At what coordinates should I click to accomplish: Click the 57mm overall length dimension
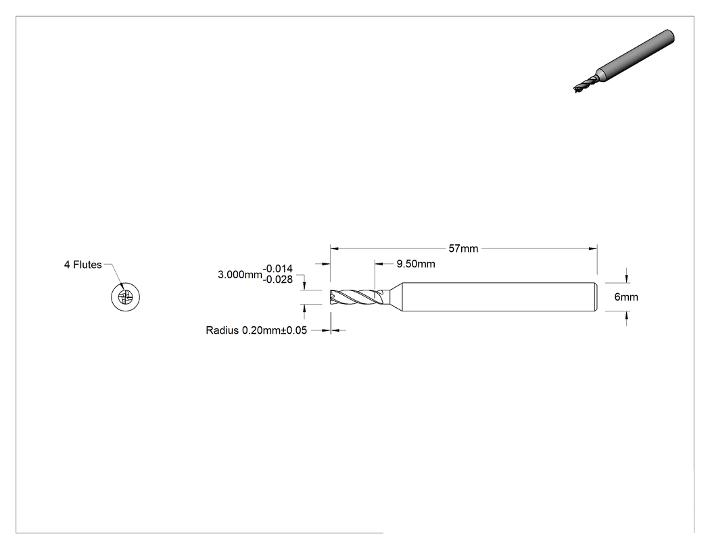click(x=463, y=248)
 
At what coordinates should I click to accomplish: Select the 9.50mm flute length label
click(x=416, y=264)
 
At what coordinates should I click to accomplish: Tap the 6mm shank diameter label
click(x=626, y=297)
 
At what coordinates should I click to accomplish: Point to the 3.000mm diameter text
click(x=239, y=274)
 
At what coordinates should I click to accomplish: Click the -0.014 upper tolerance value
click(x=277, y=268)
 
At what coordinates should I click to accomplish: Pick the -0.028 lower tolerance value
click(x=277, y=280)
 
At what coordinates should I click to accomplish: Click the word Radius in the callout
click(x=222, y=330)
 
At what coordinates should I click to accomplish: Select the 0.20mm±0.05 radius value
click(x=275, y=330)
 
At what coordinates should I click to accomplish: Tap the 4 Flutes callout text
click(x=83, y=265)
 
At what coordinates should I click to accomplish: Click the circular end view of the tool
click(x=125, y=297)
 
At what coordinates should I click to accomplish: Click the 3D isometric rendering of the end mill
click(x=624, y=61)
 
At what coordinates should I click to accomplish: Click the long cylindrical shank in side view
click(x=499, y=297)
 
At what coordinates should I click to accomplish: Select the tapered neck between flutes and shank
click(x=390, y=297)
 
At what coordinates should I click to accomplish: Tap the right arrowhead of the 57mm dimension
click(x=593, y=248)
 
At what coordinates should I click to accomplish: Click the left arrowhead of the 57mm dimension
click(x=335, y=248)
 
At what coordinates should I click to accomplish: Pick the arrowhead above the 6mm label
click(x=627, y=278)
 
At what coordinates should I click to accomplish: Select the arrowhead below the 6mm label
click(x=627, y=316)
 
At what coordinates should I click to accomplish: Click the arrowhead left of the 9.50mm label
click(x=379, y=264)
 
